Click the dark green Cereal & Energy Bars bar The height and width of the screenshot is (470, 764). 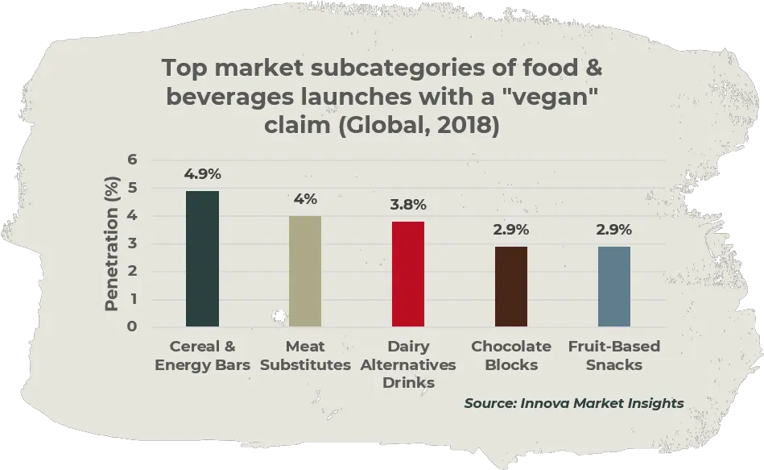coord(202,258)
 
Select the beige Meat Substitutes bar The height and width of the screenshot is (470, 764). coord(305,271)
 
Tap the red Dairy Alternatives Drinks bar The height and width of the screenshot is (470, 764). coord(408,273)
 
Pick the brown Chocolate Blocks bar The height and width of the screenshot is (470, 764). coord(511,286)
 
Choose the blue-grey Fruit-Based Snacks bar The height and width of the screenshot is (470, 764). coord(614,286)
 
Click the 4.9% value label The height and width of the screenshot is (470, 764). coord(202,174)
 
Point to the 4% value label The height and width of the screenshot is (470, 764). coord(305,199)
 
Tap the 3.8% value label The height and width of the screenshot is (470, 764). coord(408,205)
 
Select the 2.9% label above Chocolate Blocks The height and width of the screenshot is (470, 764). coord(511,230)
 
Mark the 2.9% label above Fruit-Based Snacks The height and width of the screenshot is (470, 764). coord(614,230)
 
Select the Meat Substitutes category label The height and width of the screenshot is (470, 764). coord(305,356)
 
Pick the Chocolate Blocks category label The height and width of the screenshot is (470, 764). coord(511,356)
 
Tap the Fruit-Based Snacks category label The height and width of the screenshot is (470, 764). coord(614,356)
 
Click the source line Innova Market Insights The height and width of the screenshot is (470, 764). coord(573,403)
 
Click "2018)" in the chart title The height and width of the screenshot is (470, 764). coord(468,127)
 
